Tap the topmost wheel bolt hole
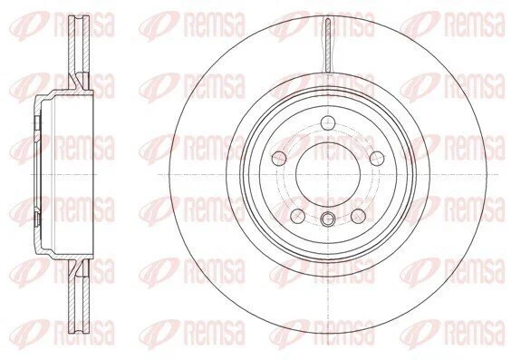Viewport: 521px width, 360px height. click(x=328, y=122)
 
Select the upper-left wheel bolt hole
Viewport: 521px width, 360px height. click(x=279, y=158)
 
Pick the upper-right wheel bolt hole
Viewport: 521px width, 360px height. click(x=377, y=158)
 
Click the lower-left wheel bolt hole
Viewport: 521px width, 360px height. click(x=298, y=216)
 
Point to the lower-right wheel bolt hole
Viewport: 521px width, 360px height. click(x=359, y=216)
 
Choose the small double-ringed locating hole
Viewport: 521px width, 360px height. click(x=328, y=219)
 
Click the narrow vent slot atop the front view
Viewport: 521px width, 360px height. click(x=328, y=44)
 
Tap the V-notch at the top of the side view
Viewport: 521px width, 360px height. click(x=79, y=19)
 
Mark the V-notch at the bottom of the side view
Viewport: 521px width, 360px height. click(x=79, y=330)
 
